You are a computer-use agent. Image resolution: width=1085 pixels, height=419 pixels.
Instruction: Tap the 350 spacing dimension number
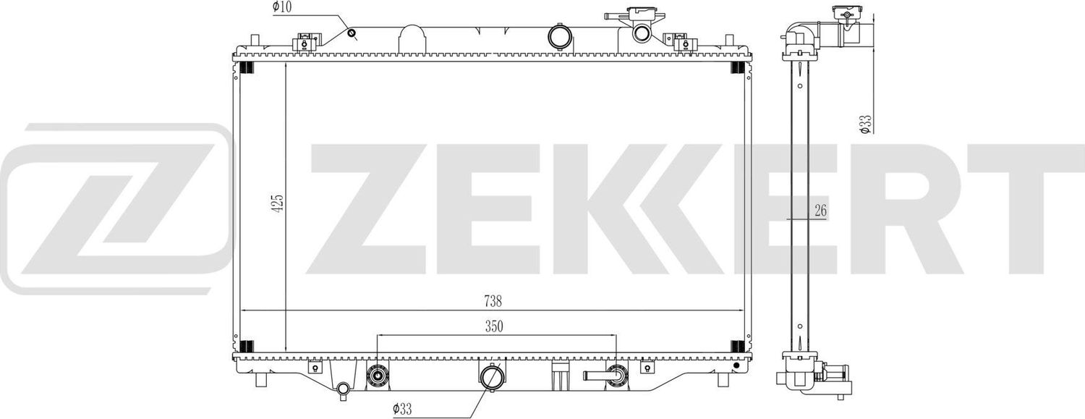pos(493,327)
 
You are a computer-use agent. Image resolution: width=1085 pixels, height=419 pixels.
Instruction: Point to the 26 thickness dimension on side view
pos(820,211)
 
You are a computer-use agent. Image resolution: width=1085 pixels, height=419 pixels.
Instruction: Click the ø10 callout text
pos(281,7)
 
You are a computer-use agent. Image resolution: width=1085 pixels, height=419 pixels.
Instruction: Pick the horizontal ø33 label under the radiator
pos(404,410)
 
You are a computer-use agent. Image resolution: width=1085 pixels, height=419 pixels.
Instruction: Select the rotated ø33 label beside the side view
pos(863,124)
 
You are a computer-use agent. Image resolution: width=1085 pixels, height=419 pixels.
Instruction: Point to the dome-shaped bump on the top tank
pos(410,38)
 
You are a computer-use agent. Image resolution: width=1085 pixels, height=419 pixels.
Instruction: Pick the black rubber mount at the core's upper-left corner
pos(245,68)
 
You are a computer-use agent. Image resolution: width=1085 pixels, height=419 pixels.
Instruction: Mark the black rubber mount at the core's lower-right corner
pos(737,347)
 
